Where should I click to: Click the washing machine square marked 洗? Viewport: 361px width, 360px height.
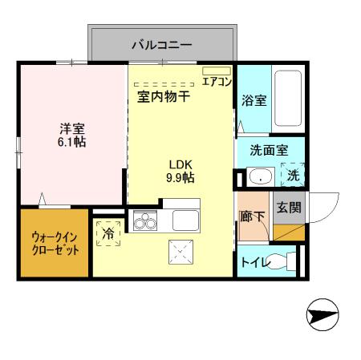(x=293, y=175)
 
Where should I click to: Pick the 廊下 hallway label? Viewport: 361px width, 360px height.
(x=252, y=215)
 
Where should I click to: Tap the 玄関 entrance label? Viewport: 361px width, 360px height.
(x=288, y=207)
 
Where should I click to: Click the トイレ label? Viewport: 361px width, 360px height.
(x=254, y=261)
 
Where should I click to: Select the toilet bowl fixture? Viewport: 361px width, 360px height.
(x=278, y=261)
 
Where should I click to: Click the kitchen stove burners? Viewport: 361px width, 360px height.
(x=145, y=220)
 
